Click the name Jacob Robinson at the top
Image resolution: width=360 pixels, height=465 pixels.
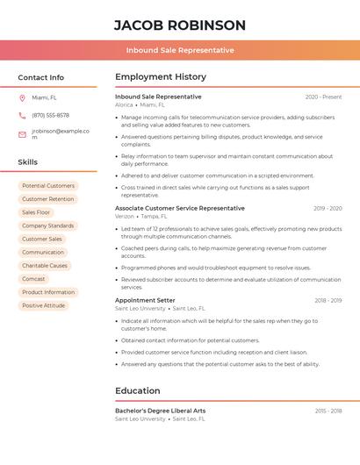click(x=179, y=25)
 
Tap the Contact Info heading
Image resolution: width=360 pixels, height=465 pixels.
click(x=40, y=77)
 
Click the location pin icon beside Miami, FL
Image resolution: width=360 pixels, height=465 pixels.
click(x=22, y=97)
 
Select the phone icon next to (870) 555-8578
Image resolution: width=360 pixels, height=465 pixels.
click(x=22, y=115)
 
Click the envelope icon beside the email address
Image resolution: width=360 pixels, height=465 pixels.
click(x=22, y=134)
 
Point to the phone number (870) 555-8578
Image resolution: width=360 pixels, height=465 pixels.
click(x=50, y=115)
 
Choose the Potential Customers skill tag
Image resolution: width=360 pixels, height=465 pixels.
click(x=48, y=186)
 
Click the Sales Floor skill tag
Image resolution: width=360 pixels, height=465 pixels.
click(x=36, y=212)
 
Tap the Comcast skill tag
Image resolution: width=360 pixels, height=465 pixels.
click(x=33, y=279)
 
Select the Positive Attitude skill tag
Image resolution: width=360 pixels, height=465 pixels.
click(x=44, y=305)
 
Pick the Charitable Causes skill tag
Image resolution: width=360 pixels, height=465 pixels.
click(x=45, y=266)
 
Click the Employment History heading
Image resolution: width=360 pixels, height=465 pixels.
click(x=161, y=77)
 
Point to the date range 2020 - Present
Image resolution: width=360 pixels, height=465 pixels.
click(x=323, y=97)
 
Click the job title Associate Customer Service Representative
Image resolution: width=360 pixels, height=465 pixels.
click(x=180, y=208)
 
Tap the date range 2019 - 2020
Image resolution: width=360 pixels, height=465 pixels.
click(x=328, y=208)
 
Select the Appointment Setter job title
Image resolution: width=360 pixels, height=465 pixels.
click(x=145, y=300)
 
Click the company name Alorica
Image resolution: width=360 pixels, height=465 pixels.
click(x=124, y=104)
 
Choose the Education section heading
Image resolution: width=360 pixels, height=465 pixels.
click(x=138, y=390)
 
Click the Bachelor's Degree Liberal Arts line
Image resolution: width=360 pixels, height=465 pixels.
click(x=160, y=411)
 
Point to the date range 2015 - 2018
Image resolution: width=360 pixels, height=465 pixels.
click(x=328, y=411)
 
